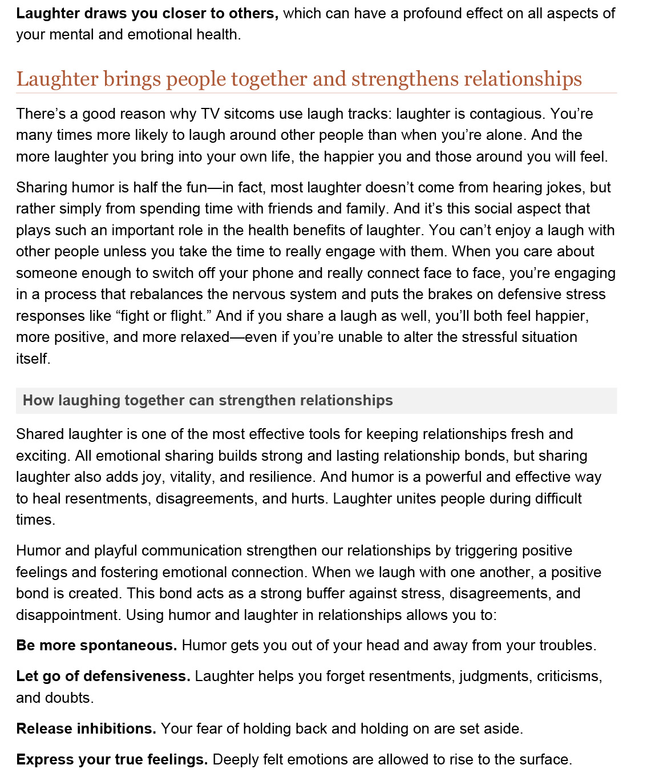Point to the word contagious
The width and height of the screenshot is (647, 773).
[507, 114]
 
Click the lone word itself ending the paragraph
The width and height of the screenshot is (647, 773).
[33, 359]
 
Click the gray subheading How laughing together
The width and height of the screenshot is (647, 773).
[208, 400]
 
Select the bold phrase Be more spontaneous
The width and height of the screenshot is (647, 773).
[96, 646]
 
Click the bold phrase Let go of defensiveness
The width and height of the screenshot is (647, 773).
[103, 677]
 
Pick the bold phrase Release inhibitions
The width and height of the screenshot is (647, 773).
[86, 729]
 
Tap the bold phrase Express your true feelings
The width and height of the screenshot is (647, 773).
[112, 760]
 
